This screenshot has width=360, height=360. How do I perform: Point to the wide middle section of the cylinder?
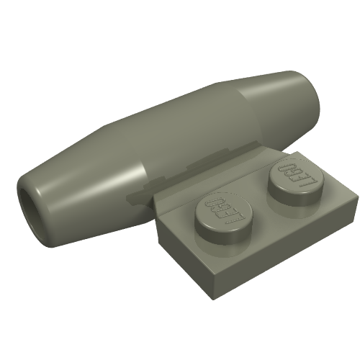click(180, 130)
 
